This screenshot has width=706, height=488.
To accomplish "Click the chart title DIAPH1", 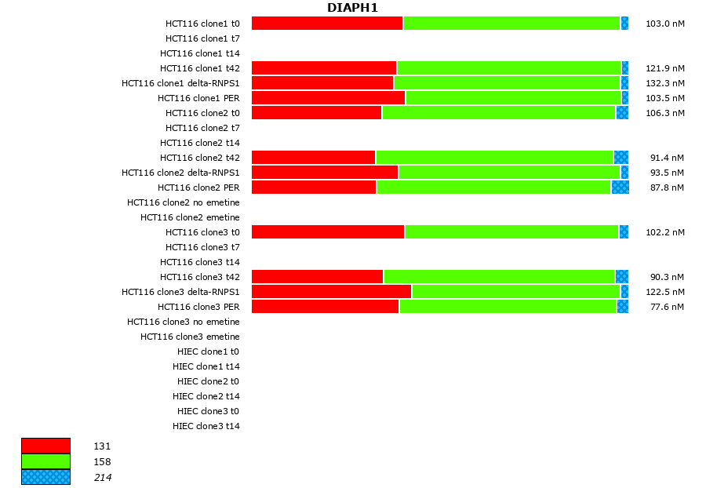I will coord(352,8).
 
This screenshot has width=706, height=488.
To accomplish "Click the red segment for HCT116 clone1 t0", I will coord(327,24).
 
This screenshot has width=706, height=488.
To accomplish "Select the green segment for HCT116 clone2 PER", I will coord(493,188).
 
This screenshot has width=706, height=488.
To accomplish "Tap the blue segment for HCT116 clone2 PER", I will coord(620,188).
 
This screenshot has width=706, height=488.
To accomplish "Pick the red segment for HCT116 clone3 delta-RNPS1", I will coord(331,292).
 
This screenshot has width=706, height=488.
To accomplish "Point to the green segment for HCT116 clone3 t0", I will coord(511,232).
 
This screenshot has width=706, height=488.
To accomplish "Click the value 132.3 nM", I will coord(664,83).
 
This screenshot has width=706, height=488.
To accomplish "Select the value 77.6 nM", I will coord(667,307).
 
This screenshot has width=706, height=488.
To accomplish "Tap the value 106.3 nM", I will coord(664,113).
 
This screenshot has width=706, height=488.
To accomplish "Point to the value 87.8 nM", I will coord(667,188).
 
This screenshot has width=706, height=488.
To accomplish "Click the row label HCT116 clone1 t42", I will coord(199,68).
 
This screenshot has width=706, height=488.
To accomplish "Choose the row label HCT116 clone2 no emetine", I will coord(183,202).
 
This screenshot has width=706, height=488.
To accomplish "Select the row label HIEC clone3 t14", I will coord(206,426).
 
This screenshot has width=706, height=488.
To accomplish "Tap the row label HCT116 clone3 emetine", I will coord(190,337).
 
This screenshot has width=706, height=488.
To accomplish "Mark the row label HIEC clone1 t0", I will coord(208,351).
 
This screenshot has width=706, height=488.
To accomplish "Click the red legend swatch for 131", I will coord(45,446).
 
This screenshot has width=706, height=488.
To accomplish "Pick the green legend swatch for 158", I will coord(45,461).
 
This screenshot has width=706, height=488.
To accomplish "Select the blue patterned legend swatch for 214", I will coord(45,477).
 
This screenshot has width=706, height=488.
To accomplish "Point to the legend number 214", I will coord(102,477).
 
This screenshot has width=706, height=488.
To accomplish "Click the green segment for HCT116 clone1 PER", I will coord(513,98).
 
